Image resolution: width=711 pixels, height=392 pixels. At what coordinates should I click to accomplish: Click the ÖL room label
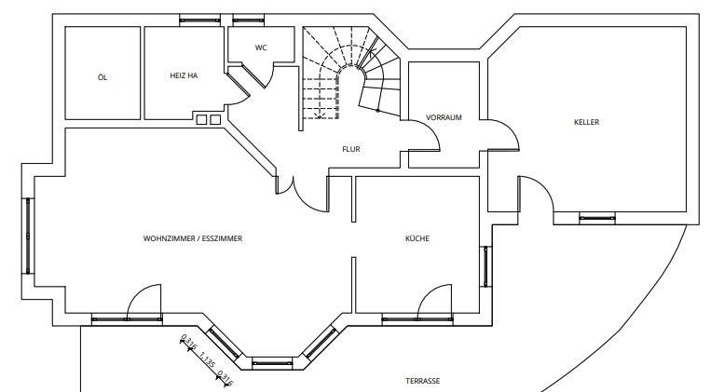tap(102, 77)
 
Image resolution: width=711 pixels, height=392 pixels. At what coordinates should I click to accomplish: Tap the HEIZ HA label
tap(184, 76)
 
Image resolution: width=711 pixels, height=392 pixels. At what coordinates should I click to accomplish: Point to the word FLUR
tap(350, 149)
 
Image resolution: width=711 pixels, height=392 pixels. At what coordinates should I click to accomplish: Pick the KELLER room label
tap(586, 122)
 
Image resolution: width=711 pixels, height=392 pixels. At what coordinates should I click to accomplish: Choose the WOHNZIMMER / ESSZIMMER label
tap(193, 238)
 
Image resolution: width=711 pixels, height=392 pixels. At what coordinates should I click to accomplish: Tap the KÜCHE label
tap(417, 238)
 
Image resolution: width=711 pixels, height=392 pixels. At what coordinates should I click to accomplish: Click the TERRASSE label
tap(422, 382)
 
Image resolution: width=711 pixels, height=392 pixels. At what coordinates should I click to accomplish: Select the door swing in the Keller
tap(536, 195)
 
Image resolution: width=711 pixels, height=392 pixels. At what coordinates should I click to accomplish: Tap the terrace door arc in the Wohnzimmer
tap(144, 302)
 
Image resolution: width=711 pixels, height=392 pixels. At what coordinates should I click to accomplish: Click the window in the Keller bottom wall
tap(596, 220)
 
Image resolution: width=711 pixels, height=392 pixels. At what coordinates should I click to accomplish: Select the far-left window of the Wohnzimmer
tap(29, 238)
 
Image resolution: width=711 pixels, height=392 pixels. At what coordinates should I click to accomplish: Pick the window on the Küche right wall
tap(485, 266)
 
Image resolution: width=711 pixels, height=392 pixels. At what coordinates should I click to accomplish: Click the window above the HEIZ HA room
tap(199, 19)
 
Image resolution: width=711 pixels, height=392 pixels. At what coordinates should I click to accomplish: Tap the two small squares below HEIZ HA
tap(208, 119)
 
